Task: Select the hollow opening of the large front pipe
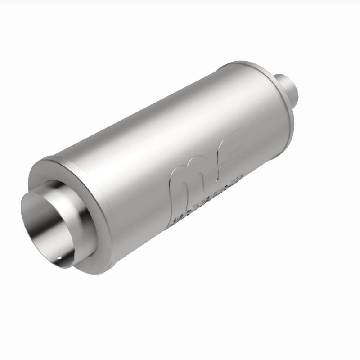pyautogui.click(x=45, y=225)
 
